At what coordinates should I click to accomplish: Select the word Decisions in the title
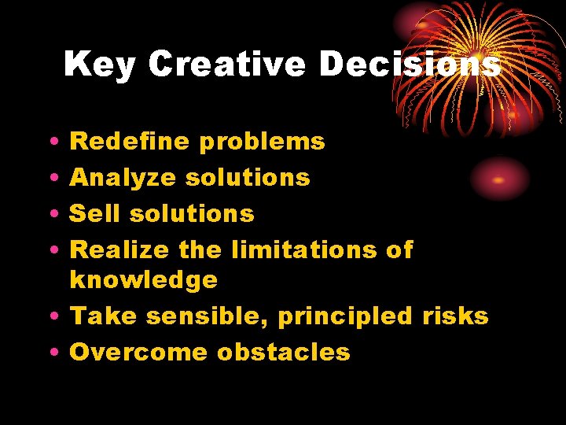410,65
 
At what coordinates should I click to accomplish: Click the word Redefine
130,142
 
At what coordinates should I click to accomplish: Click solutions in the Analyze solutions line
248,178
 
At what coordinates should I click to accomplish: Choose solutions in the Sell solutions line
192,213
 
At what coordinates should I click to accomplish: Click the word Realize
119,250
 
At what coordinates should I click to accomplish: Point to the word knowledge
143,280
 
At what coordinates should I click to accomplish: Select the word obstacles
284,352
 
